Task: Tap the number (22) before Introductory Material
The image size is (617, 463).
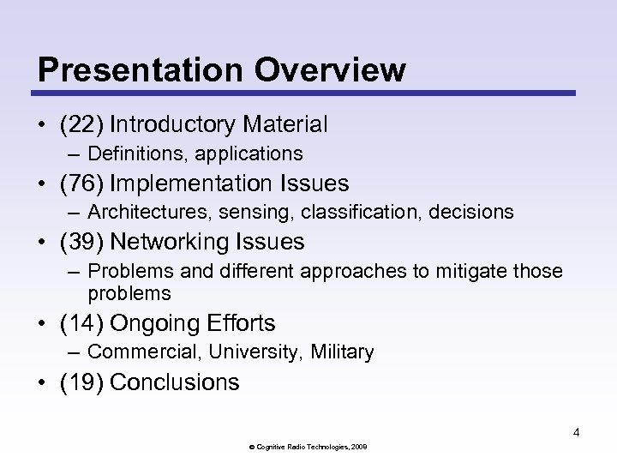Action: [x=81, y=125]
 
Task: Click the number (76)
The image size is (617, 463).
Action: [x=81, y=183]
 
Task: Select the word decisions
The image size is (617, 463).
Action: [x=475, y=212]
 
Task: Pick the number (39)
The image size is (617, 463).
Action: [x=81, y=242]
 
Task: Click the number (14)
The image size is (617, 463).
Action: [x=81, y=323]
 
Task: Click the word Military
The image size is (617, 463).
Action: [x=343, y=352]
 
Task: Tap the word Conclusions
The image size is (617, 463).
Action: [x=175, y=382]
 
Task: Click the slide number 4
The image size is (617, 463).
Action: [x=576, y=432]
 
